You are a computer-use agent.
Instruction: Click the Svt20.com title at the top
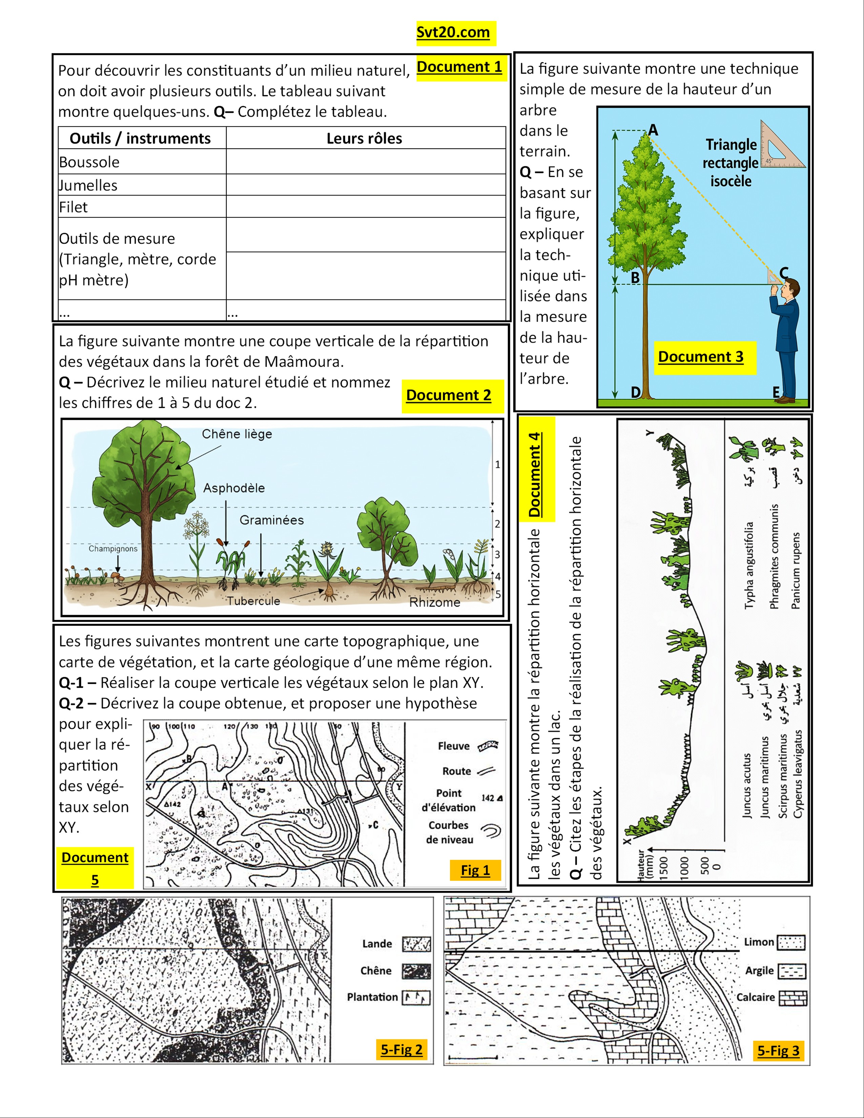coord(453,33)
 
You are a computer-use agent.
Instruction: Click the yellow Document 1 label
coord(459,67)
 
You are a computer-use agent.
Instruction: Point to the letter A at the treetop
coord(654,130)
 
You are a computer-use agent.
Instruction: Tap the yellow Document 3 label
coord(700,357)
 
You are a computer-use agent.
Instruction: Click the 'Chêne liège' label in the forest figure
coord(236,434)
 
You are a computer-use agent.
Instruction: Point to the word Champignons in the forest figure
coord(112,549)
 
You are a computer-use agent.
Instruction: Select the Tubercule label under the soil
coord(253,601)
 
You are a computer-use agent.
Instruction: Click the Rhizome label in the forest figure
coord(435,602)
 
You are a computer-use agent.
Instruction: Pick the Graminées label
coord(271,520)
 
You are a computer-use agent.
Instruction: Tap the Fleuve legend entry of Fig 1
coord(453,746)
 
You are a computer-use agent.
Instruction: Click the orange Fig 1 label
coord(475,870)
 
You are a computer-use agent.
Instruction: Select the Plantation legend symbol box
coord(416,997)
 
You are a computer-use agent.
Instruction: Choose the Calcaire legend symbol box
coord(793,998)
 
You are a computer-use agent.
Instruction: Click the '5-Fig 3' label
coord(778,1051)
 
